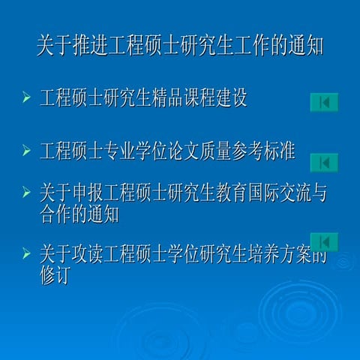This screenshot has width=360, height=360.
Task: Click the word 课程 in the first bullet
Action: tap(202, 99)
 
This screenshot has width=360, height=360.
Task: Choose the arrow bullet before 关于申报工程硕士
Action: tap(26, 193)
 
